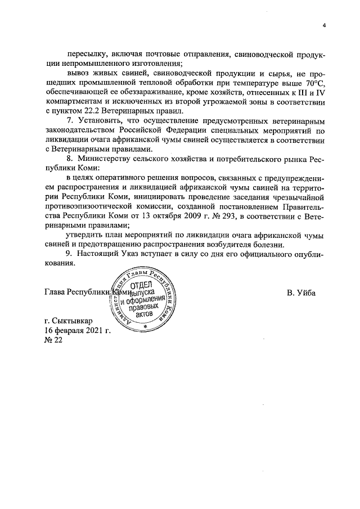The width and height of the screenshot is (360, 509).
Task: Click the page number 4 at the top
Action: pyautogui.click(x=325, y=24)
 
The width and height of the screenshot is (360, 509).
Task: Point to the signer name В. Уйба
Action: pyautogui.click(x=301, y=292)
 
